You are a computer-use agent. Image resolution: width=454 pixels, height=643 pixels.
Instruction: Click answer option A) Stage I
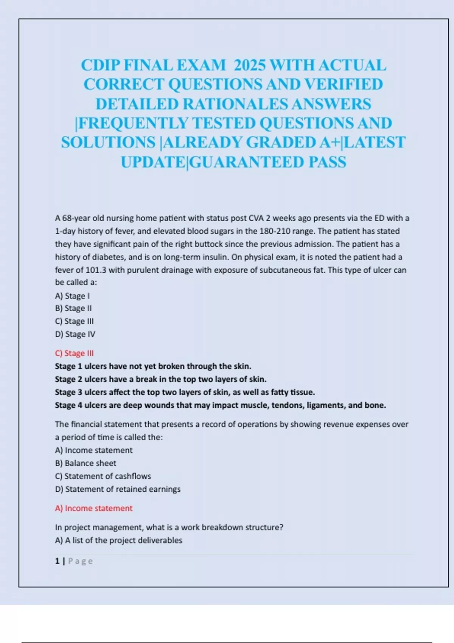pos(72,296)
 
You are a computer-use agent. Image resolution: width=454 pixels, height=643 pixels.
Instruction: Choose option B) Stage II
pos(73,308)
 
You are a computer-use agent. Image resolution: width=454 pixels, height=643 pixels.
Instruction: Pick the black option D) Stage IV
pos(75,334)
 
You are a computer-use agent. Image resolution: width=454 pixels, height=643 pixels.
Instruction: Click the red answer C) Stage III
pos(74,353)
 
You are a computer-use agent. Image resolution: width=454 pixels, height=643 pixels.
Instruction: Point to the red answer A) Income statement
pos(94,508)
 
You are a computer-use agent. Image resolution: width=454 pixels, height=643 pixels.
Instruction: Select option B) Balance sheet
pos(86,463)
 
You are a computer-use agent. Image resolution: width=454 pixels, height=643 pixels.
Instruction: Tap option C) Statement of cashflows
pos(103,476)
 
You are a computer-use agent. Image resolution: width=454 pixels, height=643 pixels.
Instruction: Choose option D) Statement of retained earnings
pos(118,489)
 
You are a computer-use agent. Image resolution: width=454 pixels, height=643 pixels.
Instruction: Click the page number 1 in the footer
pos(57,561)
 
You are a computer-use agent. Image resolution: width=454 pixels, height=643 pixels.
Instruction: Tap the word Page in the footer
pos(81,561)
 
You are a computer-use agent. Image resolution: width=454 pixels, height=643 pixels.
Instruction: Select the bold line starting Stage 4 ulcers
pos(220,405)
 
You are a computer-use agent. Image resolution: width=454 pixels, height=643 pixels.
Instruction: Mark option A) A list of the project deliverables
pos(118,540)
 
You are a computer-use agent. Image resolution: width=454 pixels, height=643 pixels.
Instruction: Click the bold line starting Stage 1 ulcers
pos(153,366)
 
